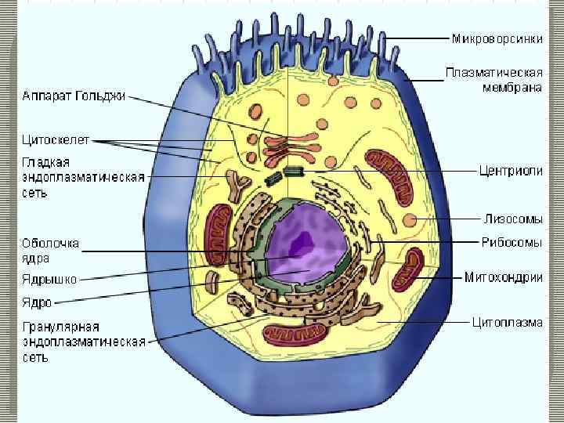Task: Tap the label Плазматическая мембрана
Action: pos(493,80)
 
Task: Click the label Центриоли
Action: pos(511,171)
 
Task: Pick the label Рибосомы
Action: pos(512,243)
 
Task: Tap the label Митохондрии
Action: pos(503,277)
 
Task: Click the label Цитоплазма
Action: pos(506,321)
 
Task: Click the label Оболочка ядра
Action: pos(50,251)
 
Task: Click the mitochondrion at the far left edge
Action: pos(215,236)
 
